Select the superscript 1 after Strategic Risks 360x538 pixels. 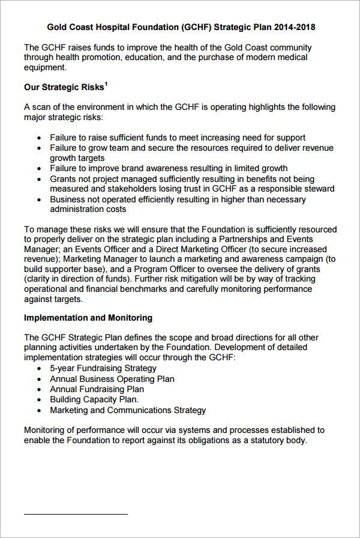pos(106,85)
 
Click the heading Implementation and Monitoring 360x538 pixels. pos(88,318)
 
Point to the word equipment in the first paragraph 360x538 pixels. pos(44,68)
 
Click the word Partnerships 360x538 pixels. pos(248,240)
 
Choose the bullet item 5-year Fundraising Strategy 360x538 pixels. pos(103,368)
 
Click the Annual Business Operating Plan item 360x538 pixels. pos(112,379)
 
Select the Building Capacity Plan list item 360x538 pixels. pos(94,399)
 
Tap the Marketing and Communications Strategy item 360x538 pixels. pos(128,410)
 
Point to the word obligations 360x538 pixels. pos(197,440)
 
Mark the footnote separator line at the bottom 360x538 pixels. pos(76,515)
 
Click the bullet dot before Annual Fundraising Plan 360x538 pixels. pos(40,390)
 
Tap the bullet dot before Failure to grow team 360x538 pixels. pos(40,148)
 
